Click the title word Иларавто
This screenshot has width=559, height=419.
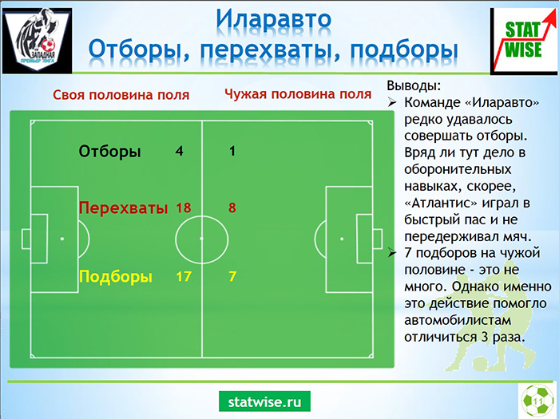273,19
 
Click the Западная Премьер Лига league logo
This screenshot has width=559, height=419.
37,40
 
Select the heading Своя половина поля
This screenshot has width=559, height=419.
121,95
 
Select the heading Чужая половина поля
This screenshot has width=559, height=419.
298,94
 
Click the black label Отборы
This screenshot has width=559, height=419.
110,152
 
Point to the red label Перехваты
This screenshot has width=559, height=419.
123,208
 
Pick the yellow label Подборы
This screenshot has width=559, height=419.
116,276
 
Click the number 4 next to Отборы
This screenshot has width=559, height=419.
180,151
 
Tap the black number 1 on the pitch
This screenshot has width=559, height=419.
232,151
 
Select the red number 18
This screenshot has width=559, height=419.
184,208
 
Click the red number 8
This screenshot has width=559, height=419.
232,208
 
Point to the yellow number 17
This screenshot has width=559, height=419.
184,276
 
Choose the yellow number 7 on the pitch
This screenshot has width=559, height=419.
232,276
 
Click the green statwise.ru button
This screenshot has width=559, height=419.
264,401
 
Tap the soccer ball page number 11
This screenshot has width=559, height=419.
537,401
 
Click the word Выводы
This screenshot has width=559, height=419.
414,86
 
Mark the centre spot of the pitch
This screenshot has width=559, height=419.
202,239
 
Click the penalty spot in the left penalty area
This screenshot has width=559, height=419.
62,239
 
